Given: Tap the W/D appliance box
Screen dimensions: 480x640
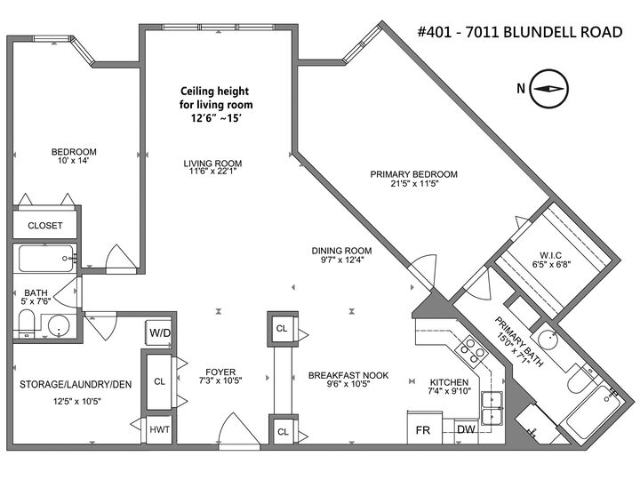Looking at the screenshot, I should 160,332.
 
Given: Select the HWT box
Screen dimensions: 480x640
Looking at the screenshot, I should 160,429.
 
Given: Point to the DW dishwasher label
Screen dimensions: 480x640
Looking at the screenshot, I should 466,429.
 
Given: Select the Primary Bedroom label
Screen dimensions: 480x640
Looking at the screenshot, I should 413,174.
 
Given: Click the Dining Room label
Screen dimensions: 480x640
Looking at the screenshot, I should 341,250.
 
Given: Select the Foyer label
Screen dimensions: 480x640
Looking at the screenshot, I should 220,372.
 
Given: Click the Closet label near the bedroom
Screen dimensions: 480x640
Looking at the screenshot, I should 44,226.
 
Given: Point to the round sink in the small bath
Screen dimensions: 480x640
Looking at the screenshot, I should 59,326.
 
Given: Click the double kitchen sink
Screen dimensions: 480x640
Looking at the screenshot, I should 491,410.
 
